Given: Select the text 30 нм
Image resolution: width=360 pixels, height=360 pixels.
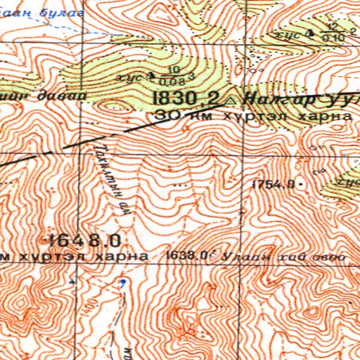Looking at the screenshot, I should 176,115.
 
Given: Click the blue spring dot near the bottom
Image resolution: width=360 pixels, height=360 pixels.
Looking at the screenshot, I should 122,283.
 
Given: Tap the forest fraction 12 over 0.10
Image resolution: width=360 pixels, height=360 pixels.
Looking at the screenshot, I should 326,32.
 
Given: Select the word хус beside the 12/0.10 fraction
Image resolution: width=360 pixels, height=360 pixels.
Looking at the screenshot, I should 288,34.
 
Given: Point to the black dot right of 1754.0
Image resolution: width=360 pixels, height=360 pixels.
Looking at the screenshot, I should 302,184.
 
